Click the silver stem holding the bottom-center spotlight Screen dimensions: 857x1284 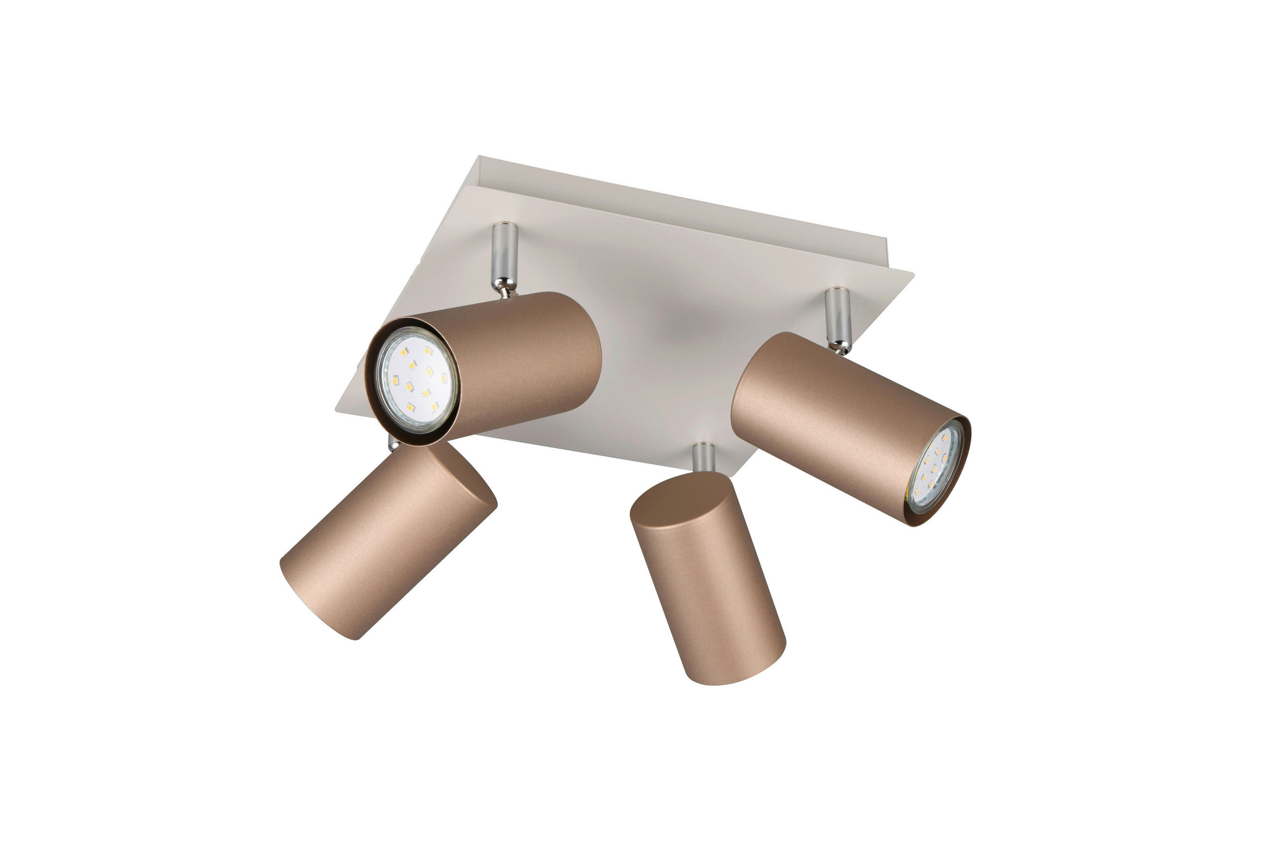point(703,457)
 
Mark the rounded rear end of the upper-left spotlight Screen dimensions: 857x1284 point(593,350)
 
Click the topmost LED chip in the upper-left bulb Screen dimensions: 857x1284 point(428,350)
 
